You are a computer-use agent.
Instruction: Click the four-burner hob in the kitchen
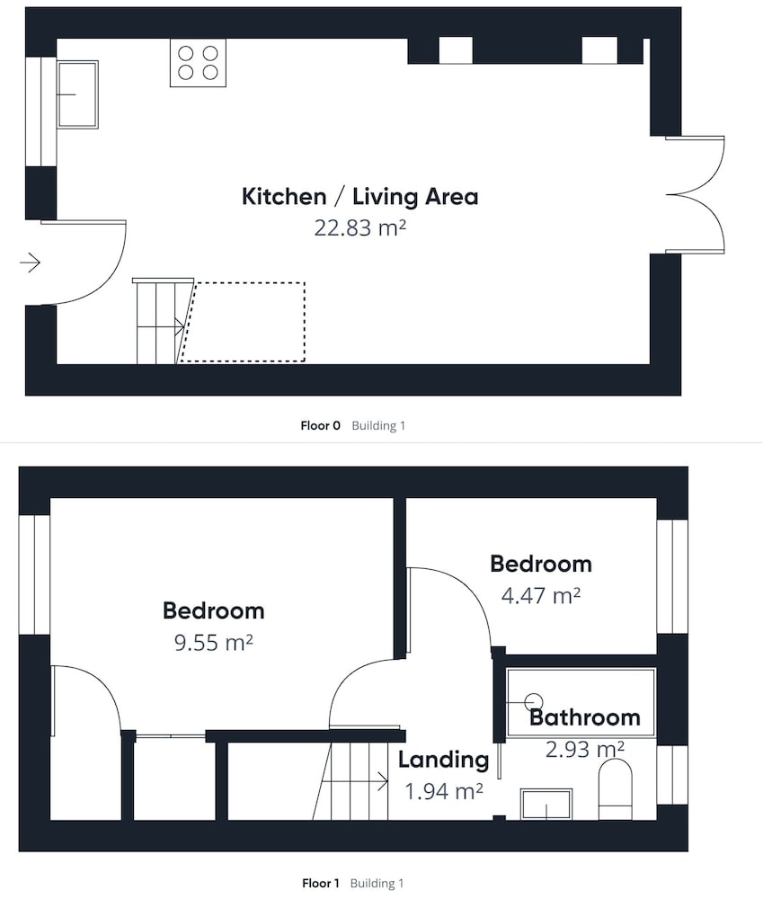pyautogui.click(x=198, y=63)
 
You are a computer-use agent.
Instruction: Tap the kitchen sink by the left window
pyautogui.click(x=77, y=94)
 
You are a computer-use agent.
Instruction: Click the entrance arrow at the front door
pyautogui.click(x=31, y=263)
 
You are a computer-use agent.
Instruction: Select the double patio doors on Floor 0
pyautogui.click(x=695, y=195)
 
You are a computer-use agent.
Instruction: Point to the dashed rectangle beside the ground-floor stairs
pyautogui.click(x=243, y=322)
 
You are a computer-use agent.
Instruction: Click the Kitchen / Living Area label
pyautogui.click(x=360, y=197)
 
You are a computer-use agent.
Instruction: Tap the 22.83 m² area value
pyautogui.click(x=360, y=228)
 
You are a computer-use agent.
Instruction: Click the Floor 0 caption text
pyautogui.click(x=321, y=425)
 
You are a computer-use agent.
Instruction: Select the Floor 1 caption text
pyautogui.click(x=321, y=883)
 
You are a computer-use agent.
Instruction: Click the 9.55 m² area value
pyautogui.click(x=214, y=643)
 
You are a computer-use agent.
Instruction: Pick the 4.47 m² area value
pyautogui.click(x=541, y=596)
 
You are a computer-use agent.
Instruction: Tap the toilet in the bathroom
pyautogui.click(x=615, y=789)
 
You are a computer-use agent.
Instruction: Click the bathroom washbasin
pyautogui.click(x=546, y=804)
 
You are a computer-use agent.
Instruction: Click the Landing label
pyautogui.click(x=444, y=760)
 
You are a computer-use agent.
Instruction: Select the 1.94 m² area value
pyautogui.click(x=444, y=792)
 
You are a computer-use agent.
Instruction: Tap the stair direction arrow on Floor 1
pyautogui.click(x=354, y=781)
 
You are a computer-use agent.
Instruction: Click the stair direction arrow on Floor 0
pyautogui.click(x=161, y=327)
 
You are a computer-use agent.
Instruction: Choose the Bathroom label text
pyautogui.click(x=585, y=717)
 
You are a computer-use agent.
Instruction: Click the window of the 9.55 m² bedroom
pyautogui.click(x=34, y=574)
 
